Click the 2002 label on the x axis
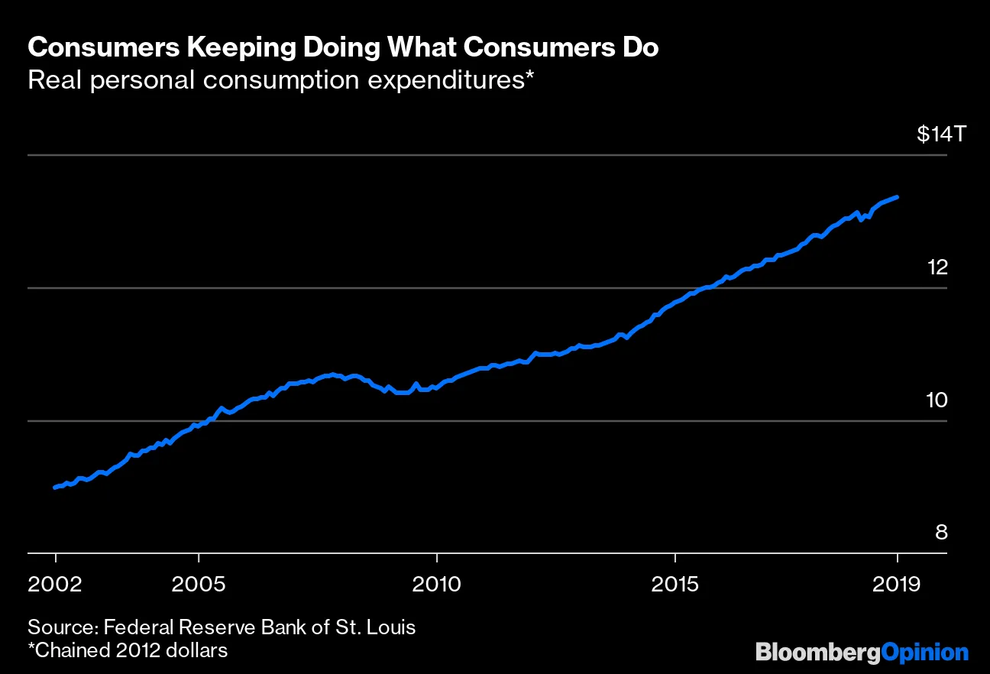pos(56,585)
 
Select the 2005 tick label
pos(199,585)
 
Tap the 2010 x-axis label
pos(437,585)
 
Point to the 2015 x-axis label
pos(675,585)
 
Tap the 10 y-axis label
pos(936,400)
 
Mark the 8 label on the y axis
pos(941,532)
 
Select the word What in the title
pos(432,48)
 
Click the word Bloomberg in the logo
pos(817,653)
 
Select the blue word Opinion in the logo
pos(924,653)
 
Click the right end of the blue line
pos(897,197)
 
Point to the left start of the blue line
pos(55,488)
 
